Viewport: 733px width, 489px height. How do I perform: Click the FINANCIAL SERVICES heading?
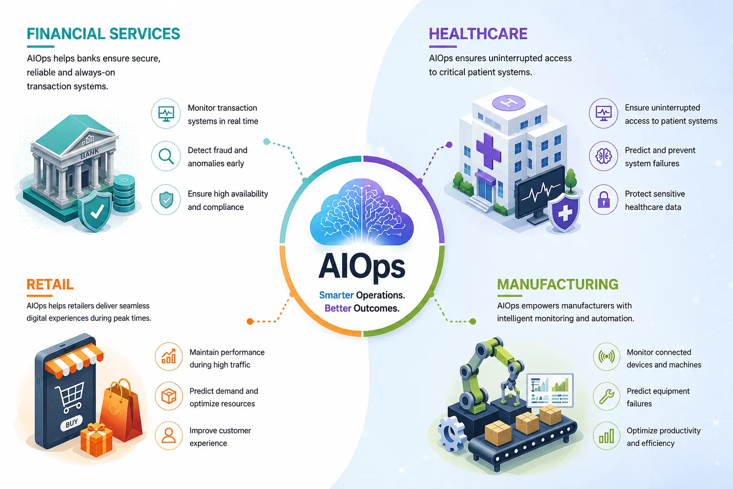(104, 34)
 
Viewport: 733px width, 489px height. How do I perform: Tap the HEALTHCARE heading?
(478, 34)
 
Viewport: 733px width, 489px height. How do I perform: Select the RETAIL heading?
(50, 284)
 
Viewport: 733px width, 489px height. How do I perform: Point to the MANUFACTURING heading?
(557, 284)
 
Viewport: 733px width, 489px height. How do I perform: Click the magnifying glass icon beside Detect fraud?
(166, 156)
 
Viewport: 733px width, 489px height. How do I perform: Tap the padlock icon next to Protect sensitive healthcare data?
(603, 200)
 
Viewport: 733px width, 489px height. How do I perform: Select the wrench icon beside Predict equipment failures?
(607, 396)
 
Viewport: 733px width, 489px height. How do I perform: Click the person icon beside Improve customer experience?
(168, 436)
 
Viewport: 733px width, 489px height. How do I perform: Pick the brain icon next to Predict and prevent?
(603, 156)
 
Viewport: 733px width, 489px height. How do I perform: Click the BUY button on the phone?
(72, 423)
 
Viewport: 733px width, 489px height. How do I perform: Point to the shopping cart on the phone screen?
(70, 397)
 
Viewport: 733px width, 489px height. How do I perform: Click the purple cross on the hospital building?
(488, 151)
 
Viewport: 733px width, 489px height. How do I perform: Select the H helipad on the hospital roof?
(509, 103)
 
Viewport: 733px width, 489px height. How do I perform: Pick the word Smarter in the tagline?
(336, 295)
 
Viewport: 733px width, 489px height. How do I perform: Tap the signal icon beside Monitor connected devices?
(607, 356)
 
